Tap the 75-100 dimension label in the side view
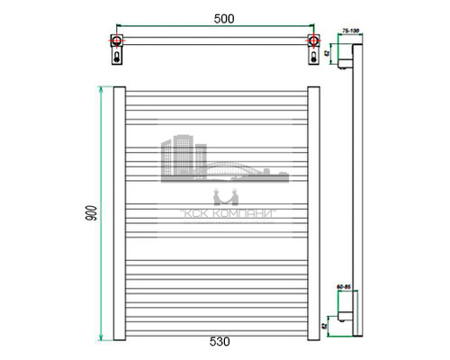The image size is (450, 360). [348, 32]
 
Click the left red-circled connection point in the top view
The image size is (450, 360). [117, 40]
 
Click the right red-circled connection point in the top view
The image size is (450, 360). [312, 40]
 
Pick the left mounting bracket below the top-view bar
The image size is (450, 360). [117, 56]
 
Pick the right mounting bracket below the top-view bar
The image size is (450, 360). [312, 56]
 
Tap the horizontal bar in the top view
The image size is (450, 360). [214, 40]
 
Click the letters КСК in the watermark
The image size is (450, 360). [188, 213]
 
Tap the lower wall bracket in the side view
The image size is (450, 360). [346, 315]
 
